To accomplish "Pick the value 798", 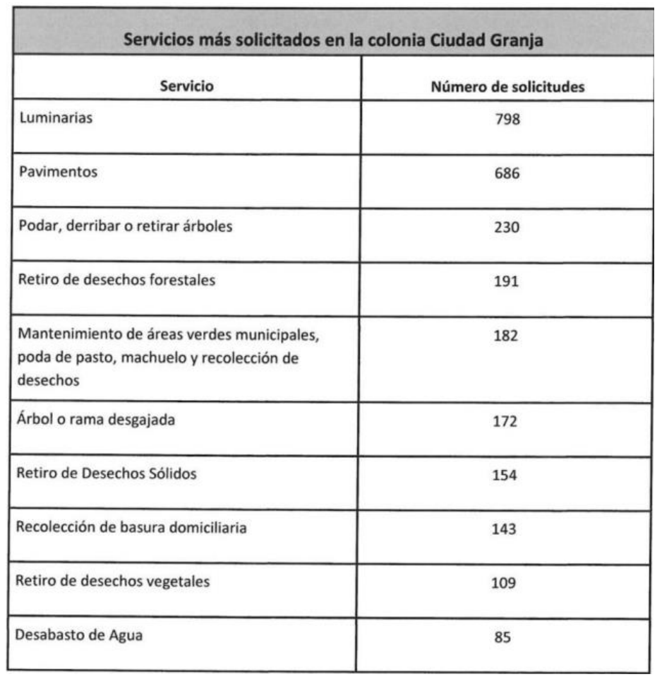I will (x=506, y=120).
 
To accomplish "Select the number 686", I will (x=506, y=174).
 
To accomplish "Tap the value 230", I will (x=506, y=228).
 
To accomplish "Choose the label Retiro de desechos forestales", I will (x=117, y=280).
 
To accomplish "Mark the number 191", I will (x=506, y=281).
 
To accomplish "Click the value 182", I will (x=506, y=335).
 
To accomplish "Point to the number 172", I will (x=506, y=423).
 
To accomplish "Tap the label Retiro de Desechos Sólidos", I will (x=107, y=473).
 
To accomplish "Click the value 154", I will (x=506, y=476).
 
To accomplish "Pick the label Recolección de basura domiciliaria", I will (x=132, y=527).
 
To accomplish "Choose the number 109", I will (x=506, y=584).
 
